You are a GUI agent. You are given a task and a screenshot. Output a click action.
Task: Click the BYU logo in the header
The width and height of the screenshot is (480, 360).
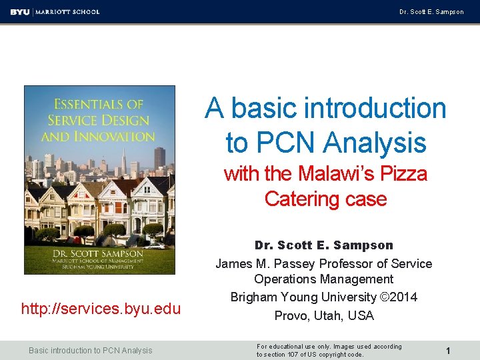pyautogui.click(x=20, y=11)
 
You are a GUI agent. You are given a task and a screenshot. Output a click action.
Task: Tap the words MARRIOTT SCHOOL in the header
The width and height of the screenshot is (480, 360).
pyautogui.click(x=67, y=11)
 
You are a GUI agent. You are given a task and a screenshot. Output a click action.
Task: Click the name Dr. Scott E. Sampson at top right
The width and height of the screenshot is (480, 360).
pyautogui.click(x=431, y=12)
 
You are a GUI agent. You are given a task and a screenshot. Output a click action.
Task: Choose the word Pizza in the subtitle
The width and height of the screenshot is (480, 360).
pyautogui.click(x=403, y=174)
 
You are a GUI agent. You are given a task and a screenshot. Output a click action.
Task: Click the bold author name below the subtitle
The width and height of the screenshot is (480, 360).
pyautogui.click(x=324, y=245)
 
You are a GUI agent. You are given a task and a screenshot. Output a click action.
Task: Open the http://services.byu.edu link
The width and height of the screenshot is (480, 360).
pyautogui.click(x=101, y=309)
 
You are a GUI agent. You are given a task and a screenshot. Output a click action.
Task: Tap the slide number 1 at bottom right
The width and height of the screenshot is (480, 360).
pyautogui.click(x=449, y=350)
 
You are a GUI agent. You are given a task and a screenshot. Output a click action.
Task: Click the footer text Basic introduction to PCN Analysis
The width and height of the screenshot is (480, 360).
pyautogui.click(x=91, y=350)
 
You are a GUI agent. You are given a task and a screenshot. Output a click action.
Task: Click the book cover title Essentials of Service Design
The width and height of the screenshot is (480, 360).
pyautogui.click(x=99, y=120)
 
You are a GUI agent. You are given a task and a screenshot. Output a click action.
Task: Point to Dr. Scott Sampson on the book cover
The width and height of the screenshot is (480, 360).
pyautogui.click(x=99, y=253)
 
